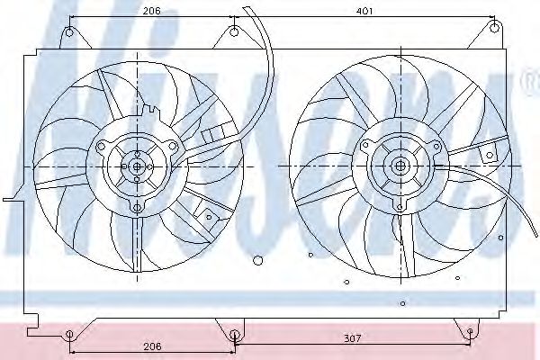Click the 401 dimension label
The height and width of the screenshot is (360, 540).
[364, 10]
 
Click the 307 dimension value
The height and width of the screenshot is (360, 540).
[352, 338]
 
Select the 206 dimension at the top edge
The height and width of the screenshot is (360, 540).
[151, 10]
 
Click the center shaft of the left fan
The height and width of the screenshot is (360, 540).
[137, 166]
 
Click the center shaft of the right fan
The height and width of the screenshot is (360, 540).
[399, 166]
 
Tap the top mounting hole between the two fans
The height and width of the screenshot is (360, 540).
[234, 33]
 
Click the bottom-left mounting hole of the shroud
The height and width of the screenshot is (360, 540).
[69, 337]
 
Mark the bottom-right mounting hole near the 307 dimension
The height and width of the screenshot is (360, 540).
[470, 333]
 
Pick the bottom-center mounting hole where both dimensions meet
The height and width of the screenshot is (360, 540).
[234, 336]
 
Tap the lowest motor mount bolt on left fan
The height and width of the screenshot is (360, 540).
[137, 208]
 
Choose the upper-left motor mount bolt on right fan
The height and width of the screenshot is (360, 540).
[364, 146]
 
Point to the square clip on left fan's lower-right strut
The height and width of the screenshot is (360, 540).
[209, 216]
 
